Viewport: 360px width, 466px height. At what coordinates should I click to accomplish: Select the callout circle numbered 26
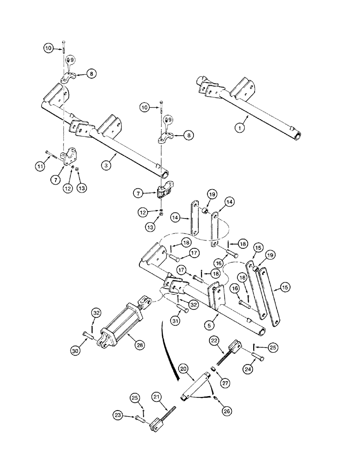pyautogui.click(x=227, y=411)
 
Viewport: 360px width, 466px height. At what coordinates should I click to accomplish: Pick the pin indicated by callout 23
pyautogui.click(x=138, y=418)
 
